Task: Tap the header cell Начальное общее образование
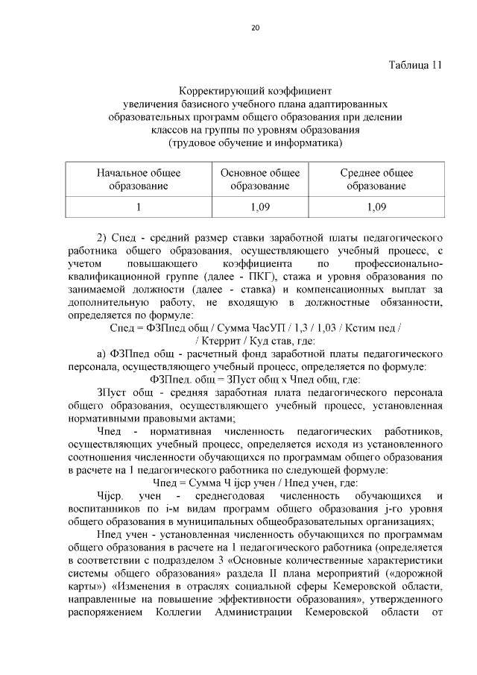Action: (138, 179)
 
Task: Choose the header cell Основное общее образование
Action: (260, 179)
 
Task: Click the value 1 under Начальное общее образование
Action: (138, 207)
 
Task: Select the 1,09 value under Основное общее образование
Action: (260, 207)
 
